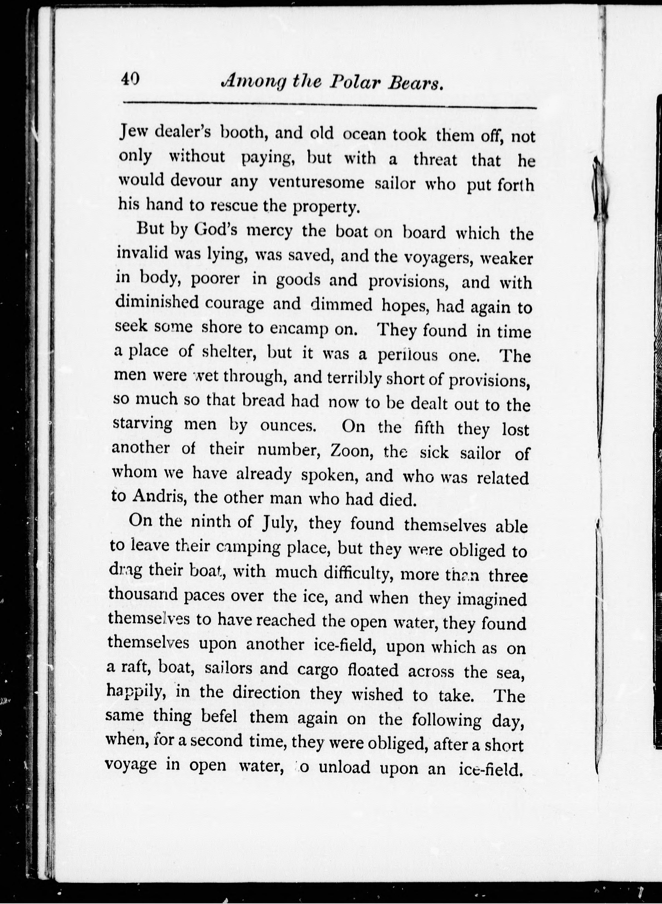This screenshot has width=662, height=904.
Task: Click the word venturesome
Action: (317, 183)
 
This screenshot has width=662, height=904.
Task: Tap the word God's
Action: (218, 230)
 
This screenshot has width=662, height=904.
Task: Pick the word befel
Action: (219, 715)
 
